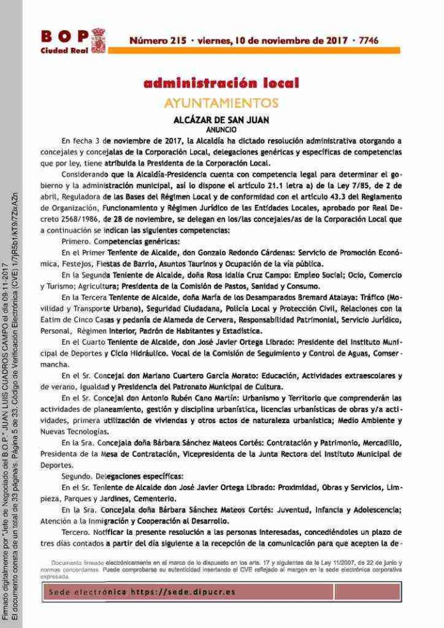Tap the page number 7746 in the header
[368, 40]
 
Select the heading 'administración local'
[221, 84]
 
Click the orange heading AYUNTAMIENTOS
[221, 103]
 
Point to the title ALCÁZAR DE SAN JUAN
[221, 119]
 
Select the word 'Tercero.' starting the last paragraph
[79, 532]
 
